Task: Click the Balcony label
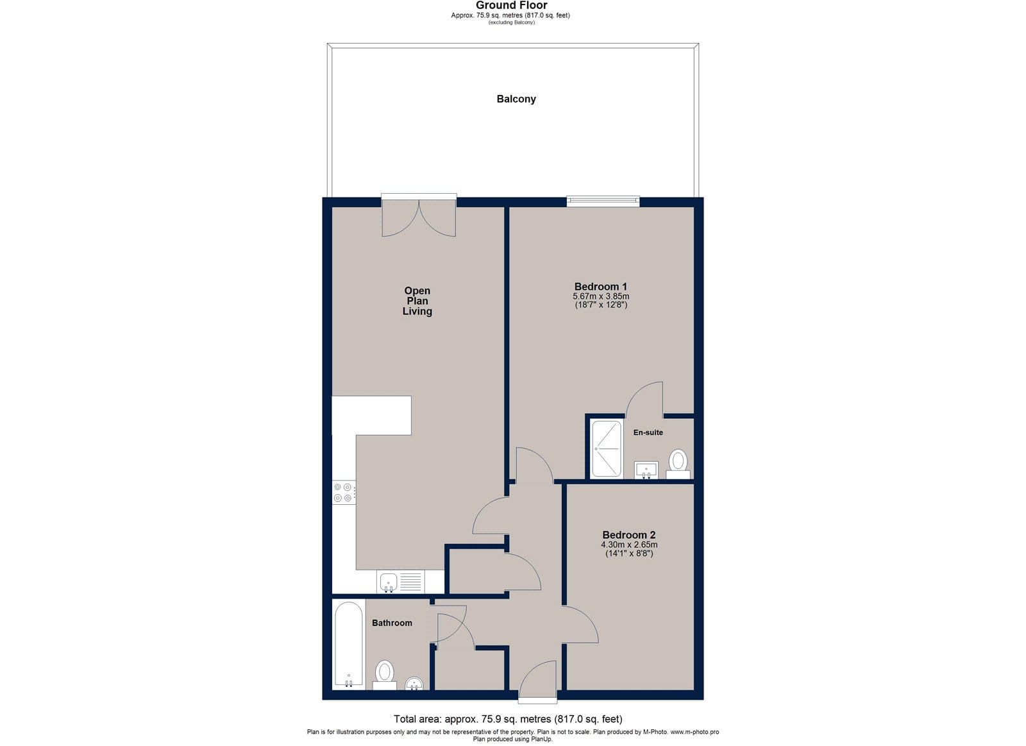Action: (x=516, y=99)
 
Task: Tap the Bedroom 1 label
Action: (x=600, y=286)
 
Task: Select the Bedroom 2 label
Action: (x=629, y=535)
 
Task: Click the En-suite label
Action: (x=648, y=432)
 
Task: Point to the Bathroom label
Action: (x=392, y=623)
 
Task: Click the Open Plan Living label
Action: (x=417, y=301)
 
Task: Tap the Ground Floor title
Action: (x=511, y=6)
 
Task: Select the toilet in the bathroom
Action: (x=385, y=675)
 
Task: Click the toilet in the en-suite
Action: (x=678, y=464)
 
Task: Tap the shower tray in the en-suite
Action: (x=607, y=449)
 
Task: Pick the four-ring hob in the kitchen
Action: (x=344, y=493)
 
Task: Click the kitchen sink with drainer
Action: (x=401, y=582)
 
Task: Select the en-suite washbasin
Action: (x=646, y=470)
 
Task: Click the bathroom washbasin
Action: (x=414, y=684)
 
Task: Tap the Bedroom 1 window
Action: (x=603, y=201)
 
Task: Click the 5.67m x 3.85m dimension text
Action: (x=601, y=296)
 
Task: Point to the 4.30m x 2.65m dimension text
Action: (x=629, y=545)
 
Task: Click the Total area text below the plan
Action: (x=508, y=719)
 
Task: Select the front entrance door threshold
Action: (x=538, y=700)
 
